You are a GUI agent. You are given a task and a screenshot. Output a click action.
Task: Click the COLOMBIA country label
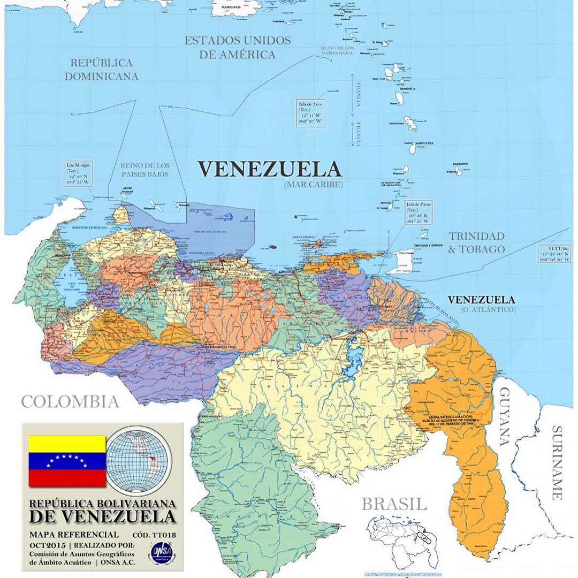(70, 401)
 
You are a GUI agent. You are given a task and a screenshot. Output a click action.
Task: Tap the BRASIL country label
(394, 504)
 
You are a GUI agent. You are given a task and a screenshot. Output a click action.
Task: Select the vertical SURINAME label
(558, 462)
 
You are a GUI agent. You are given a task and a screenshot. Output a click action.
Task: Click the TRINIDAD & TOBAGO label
(476, 242)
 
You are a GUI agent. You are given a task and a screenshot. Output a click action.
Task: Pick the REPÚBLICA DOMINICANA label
(101, 70)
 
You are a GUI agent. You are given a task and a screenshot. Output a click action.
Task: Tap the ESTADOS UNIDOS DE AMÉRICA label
(238, 48)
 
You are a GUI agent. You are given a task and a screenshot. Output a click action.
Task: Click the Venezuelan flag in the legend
(67, 461)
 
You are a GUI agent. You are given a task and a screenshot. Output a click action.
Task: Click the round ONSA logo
(161, 551)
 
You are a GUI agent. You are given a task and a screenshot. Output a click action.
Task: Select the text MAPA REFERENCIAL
(74, 535)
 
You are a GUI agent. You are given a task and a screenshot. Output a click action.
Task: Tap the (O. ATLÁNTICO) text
(488, 310)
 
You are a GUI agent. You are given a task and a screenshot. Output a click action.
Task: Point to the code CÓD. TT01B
(154, 535)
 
